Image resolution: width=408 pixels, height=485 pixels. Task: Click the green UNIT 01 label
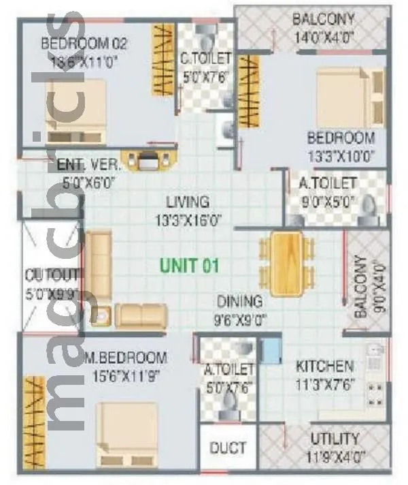(x=189, y=266)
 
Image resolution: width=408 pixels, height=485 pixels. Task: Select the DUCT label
(x=228, y=448)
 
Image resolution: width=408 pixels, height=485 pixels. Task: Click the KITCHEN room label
(x=324, y=366)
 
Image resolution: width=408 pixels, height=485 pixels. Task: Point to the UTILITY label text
(x=335, y=438)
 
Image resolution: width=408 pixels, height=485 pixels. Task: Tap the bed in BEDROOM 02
(x=75, y=110)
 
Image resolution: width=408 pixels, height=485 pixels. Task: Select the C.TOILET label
(x=205, y=59)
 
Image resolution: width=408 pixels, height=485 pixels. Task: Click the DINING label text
(x=240, y=300)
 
